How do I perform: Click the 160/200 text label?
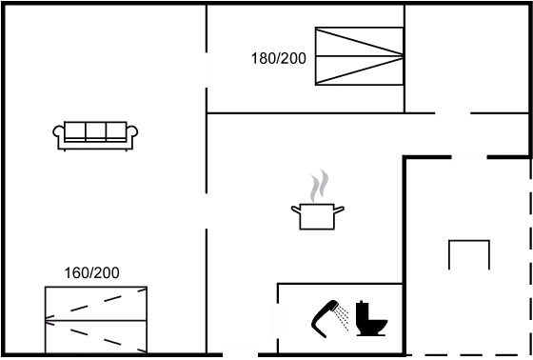(91, 273)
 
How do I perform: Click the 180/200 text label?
(278, 59)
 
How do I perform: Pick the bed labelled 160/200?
(95, 318)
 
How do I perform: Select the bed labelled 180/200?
(360, 55)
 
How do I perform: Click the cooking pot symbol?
(317, 214)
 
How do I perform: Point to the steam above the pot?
(320, 182)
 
